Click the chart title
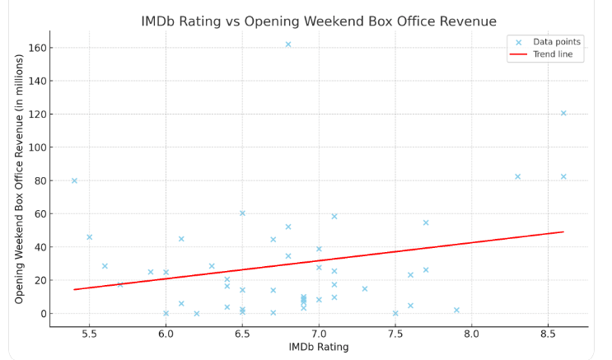(x=319, y=21)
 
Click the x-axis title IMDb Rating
(x=319, y=347)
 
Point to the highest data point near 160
(x=288, y=44)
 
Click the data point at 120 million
(x=563, y=113)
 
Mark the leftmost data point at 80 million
(x=74, y=180)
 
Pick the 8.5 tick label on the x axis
(x=548, y=334)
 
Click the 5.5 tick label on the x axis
(x=90, y=334)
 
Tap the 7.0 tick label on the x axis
(x=319, y=334)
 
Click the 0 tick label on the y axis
(x=40, y=313)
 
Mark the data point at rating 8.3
(x=518, y=176)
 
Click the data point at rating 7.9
(x=456, y=310)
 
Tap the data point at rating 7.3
(x=365, y=289)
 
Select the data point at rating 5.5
(x=90, y=237)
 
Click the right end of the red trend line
(x=563, y=231)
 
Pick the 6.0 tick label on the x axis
(x=166, y=334)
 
